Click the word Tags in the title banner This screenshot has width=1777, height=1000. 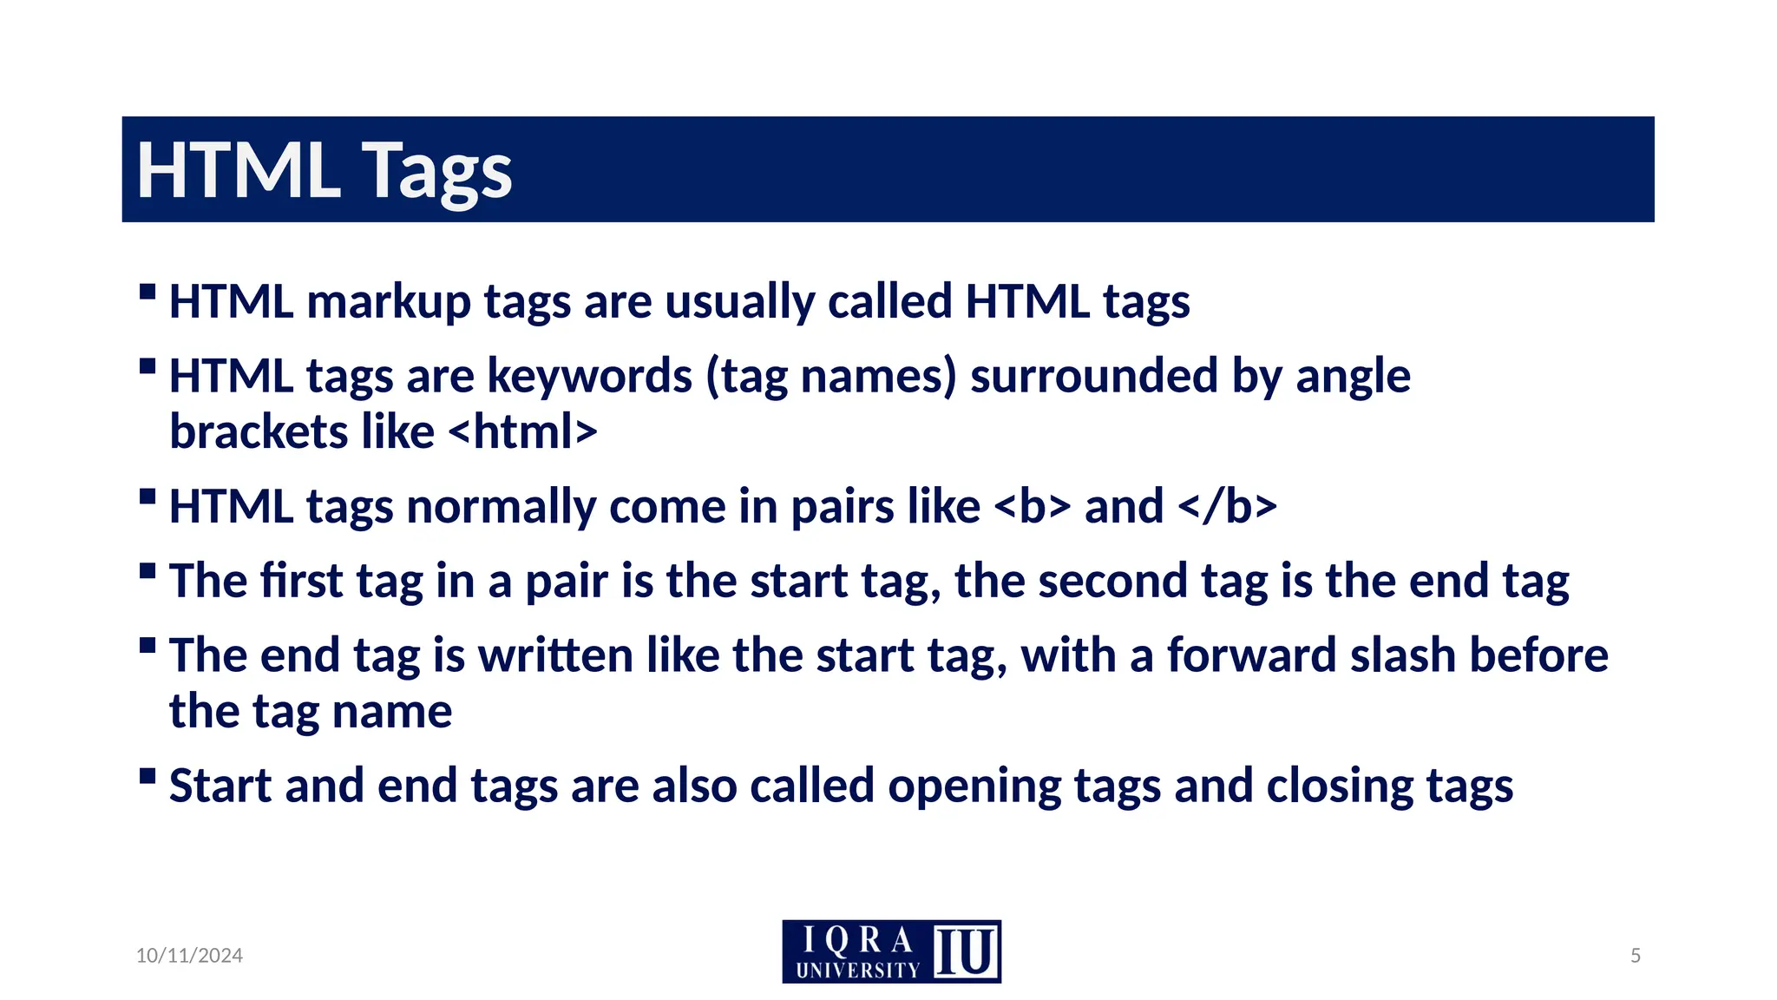point(436,171)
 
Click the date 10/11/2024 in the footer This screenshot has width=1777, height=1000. point(189,956)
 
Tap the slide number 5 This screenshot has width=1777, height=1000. point(1636,956)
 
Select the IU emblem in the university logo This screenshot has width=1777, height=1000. point(966,952)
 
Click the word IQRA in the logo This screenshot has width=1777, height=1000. point(857,940)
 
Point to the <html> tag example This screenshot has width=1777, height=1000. point(523,431)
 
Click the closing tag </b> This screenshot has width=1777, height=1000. point(1228,506)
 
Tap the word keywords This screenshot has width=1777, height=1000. point(589,377)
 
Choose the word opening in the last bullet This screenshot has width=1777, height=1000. point(974,786)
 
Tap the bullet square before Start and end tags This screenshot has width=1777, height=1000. point(148,774)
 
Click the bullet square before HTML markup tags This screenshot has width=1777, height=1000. point(148,291)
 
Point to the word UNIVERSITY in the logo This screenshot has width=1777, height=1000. point(857,970)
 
